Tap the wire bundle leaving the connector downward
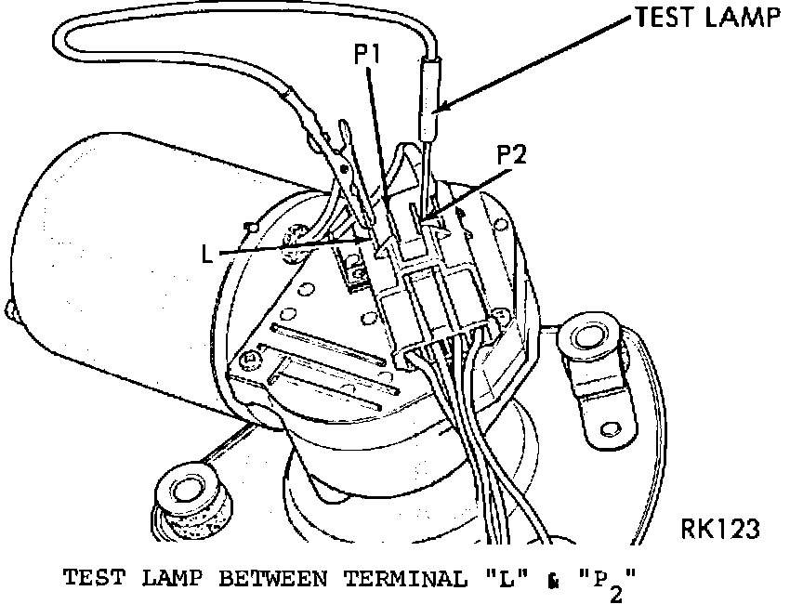(x=483, y=465)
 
